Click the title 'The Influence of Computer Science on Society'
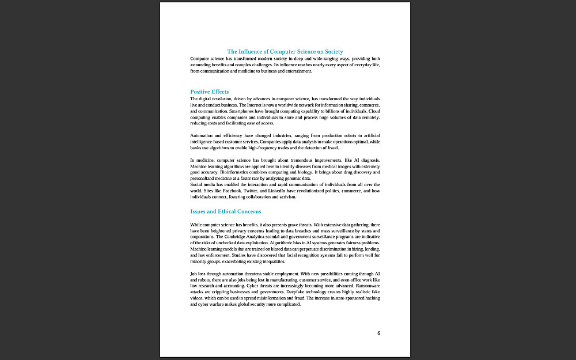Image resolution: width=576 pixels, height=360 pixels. (285, 52)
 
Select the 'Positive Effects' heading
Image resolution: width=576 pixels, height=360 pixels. (209, 92)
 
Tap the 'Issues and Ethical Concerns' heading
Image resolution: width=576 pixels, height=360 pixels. (225, 211)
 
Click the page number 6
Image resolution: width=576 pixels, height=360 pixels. (378, 333)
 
